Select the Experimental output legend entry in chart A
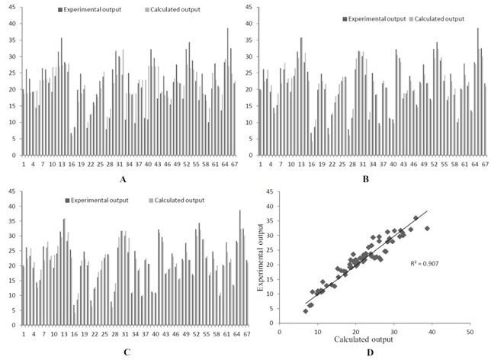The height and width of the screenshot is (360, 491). pyautogui.click(x=89, y=9)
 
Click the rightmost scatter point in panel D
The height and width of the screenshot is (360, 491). pyautogui.click(x=427, y=228)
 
